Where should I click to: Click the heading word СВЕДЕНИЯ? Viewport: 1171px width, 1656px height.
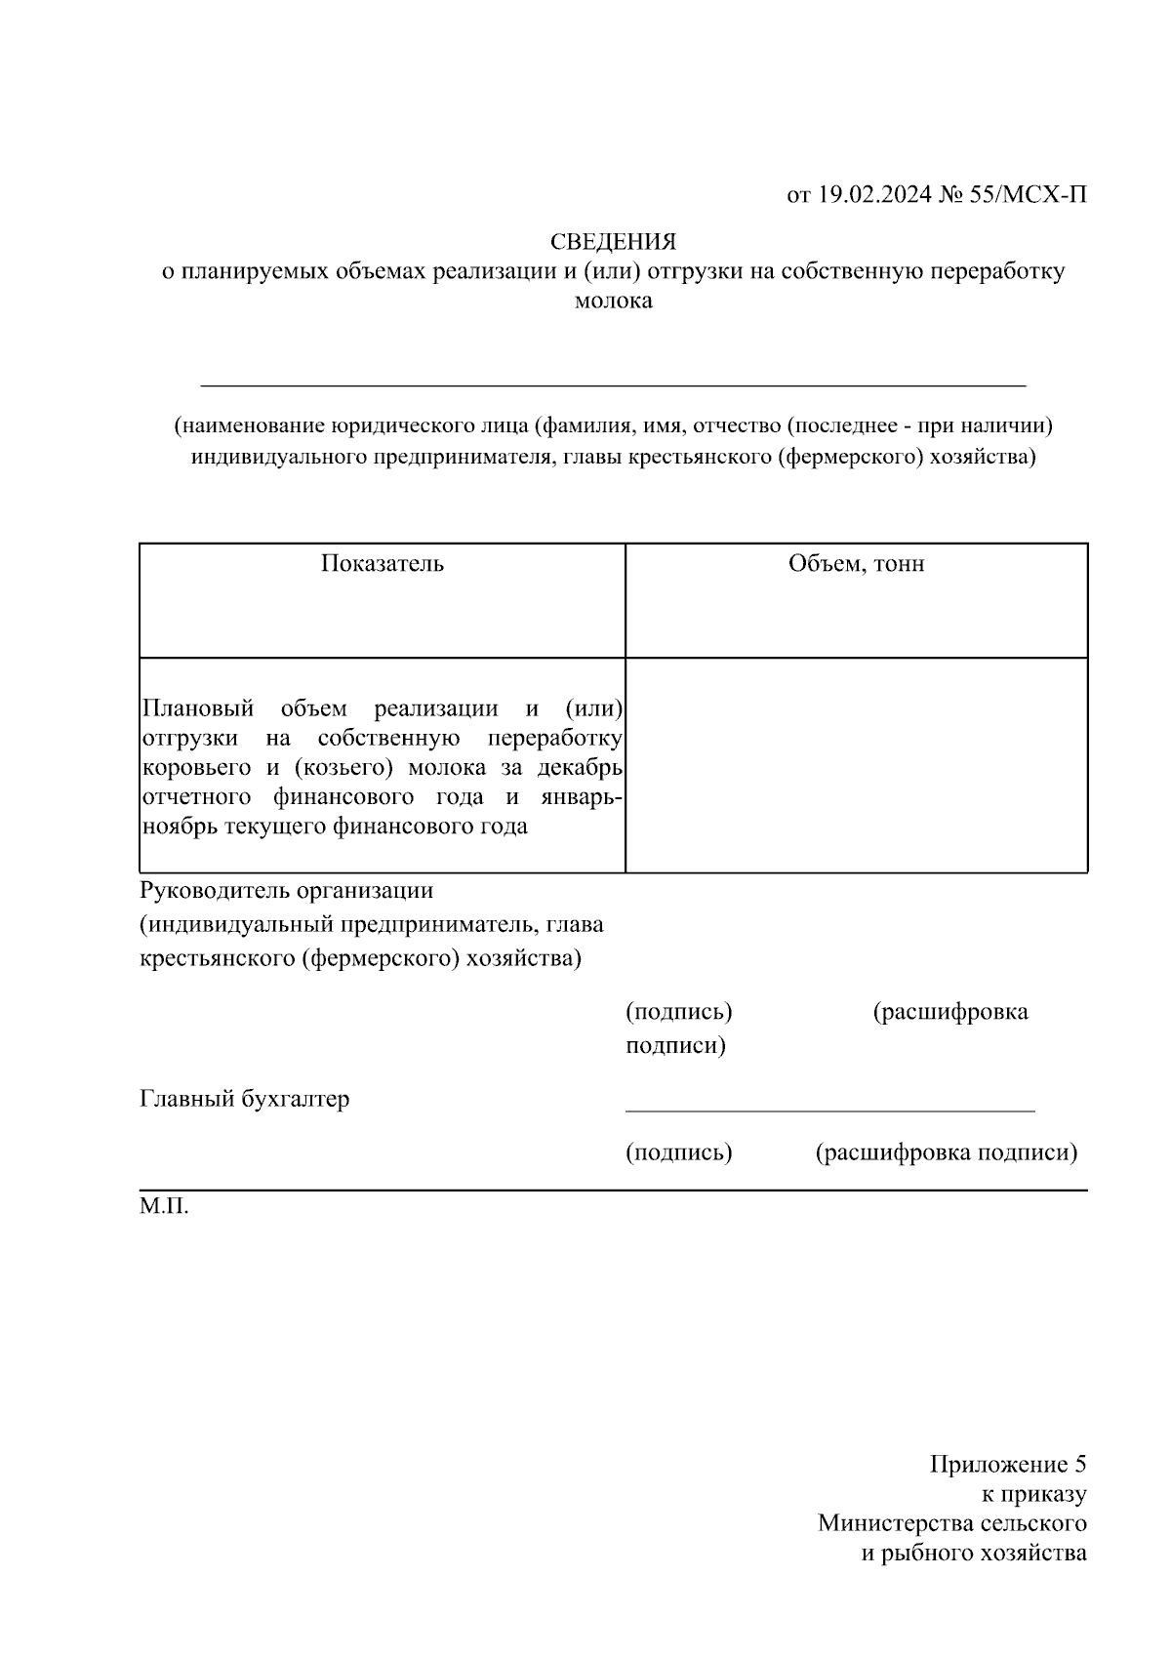613,241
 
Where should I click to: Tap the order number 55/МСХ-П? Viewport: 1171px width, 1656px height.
1028,195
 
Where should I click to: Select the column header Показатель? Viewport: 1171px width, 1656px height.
383,564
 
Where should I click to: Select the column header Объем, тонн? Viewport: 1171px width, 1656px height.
856,564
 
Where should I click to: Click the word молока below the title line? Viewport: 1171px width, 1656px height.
613,301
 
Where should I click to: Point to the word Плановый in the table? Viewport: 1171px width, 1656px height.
198,707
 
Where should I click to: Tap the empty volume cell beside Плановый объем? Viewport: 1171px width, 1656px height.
856,766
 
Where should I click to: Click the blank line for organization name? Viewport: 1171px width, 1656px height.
613,384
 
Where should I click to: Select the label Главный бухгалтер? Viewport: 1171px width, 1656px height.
244,1100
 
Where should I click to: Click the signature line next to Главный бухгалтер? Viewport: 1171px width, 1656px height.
829,1109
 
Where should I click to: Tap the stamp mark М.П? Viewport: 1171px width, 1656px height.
164,1207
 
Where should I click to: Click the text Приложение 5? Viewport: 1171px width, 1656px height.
1007,1465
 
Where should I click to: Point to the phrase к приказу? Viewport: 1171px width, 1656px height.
1033,1494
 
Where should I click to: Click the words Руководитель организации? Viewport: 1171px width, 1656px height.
287,891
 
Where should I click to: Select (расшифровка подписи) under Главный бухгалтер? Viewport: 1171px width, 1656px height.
946,1153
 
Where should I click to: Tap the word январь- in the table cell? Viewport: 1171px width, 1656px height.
581,796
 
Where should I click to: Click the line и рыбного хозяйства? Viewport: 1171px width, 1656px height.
973,1553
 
